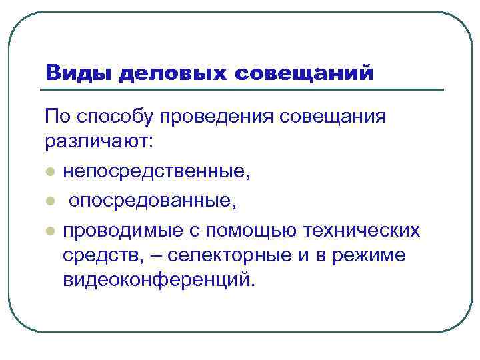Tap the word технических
362,231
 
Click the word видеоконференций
159,279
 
